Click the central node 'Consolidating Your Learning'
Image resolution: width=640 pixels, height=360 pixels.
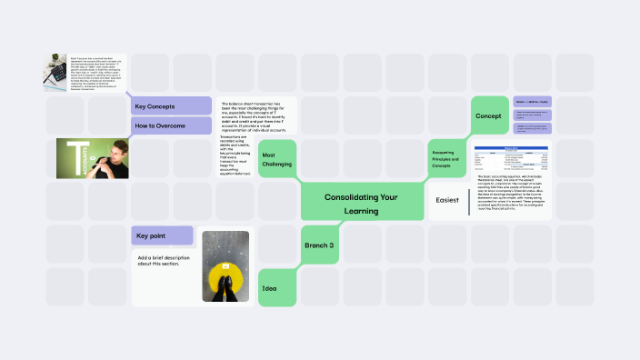click(362, 205)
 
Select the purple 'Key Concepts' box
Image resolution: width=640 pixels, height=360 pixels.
click(171, 106)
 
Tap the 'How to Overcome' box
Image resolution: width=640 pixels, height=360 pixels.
click(171, 125)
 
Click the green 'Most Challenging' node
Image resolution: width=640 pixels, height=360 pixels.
click(277, 158)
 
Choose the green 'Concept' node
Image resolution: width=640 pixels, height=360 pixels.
click(488, 116)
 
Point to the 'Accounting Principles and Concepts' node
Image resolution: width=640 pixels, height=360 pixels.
click(449, 159)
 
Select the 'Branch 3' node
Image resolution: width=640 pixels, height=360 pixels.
click(319, 245)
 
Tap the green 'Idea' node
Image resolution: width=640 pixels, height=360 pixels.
click(276, 288)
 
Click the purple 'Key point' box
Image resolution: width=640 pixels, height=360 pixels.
click(162, 236)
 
